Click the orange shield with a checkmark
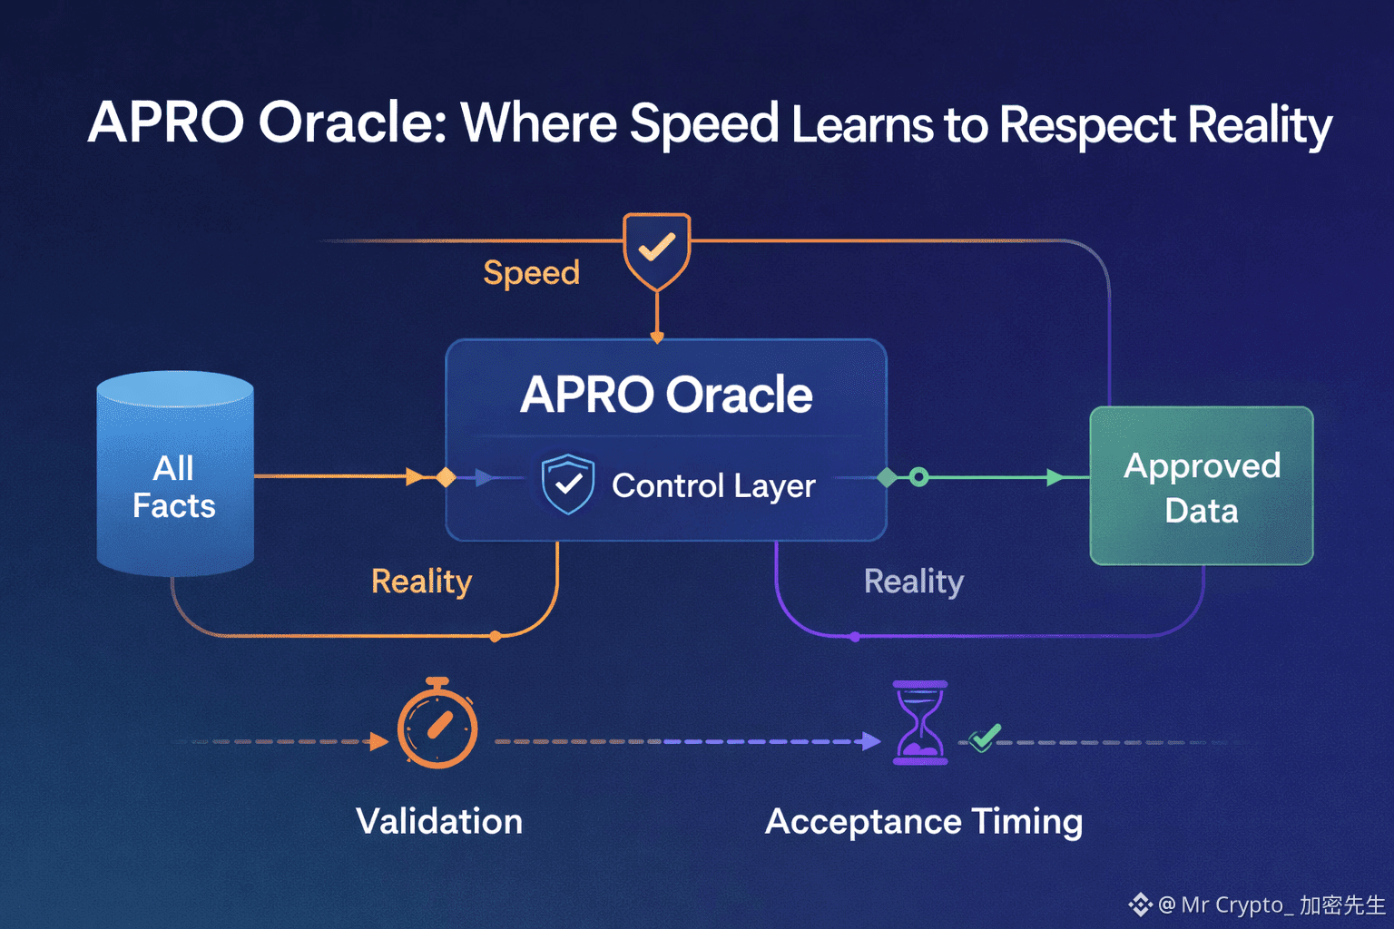[x=656, y=249]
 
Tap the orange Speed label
[x=531, y=273]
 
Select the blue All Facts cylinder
[x=174, y=474]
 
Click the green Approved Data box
[x=1202, y=486]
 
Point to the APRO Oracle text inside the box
[x=666, y=395]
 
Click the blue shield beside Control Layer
[x=568, y=484]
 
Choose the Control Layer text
[x=713, y=486]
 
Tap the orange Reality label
[x=421, y=582]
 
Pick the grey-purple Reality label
[x=913, y=582]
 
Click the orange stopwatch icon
[x=437, y=725]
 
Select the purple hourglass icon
[x=920, y=723]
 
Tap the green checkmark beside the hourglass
[x=984, y=737]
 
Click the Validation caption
[x=439, y=822]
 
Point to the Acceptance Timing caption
[x=924, y=822]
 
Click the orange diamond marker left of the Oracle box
[x=446, y=477]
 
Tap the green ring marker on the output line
[x=918, y=477]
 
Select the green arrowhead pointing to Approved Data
[x=1055, y=477]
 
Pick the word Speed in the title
[x=704, y=125]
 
